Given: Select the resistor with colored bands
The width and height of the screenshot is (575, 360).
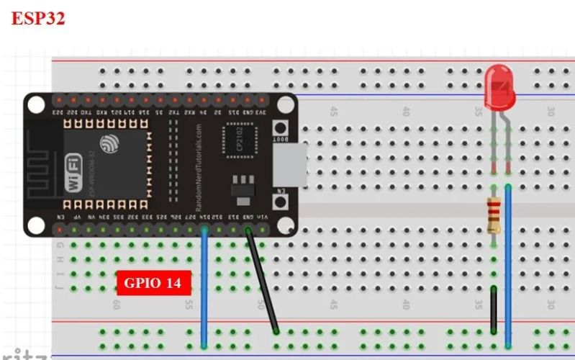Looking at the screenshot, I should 494,215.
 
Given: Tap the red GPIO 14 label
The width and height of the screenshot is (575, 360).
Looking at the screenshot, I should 153,283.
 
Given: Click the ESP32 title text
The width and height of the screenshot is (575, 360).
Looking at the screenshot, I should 38,19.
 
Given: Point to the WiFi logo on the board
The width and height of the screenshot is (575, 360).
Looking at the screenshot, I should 73,173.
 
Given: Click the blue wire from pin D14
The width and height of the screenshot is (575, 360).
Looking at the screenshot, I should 204,288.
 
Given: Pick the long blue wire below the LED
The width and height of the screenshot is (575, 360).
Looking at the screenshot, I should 508,266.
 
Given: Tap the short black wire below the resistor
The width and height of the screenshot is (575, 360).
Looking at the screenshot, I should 494,310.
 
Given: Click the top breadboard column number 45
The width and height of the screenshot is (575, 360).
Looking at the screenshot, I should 333,112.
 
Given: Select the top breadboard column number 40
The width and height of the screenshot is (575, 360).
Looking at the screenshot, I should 406,112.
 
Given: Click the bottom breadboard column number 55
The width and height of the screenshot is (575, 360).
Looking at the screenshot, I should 189,305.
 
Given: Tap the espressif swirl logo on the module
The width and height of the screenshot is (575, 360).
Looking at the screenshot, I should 110,144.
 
